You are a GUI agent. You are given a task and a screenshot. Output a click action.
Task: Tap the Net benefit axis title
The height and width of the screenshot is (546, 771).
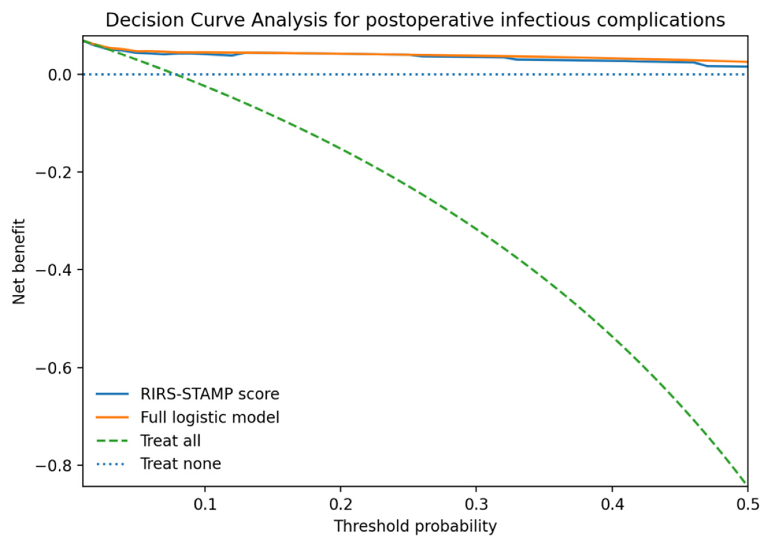click(x=19, y=261)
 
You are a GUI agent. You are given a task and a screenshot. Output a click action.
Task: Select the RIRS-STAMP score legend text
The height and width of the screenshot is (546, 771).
click(x=210, y=394)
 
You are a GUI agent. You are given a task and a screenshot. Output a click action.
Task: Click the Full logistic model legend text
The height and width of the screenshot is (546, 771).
click(x=210, y=417)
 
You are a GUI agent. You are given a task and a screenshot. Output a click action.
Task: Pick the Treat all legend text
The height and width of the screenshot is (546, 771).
click(x=170, y=440)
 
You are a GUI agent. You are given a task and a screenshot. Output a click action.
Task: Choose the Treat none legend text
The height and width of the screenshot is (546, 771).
click(x=181, y=464)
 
